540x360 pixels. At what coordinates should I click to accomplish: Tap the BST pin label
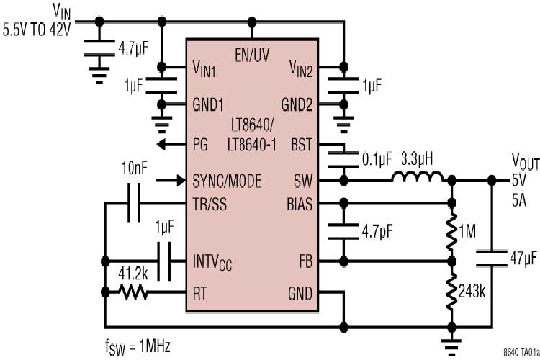tap(302, 144)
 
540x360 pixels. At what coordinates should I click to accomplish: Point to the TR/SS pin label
tap(209, 203)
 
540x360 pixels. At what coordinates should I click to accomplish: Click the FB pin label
tap(305, 260)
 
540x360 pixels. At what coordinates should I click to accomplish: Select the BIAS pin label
tap(299, 203)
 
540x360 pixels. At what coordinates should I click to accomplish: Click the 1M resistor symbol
tap(452, 231)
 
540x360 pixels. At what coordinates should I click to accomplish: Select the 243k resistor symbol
tap(452, 291)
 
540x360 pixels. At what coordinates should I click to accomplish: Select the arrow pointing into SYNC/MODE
tap(171, 179)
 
